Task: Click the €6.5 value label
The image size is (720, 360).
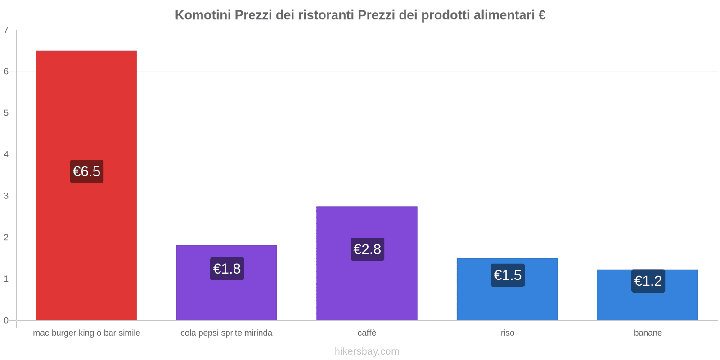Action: coord(86,171)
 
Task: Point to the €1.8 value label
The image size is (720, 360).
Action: coord(227,269)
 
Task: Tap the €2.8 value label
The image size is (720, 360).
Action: coord(367,249)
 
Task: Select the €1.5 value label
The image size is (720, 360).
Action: coord(508,275)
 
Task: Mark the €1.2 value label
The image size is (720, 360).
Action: coord(648,281)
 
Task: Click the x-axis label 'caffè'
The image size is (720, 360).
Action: coord(367,333)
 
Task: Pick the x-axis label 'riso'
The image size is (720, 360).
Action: coord(507,333)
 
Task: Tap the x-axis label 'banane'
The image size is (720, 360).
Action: coord(648,333)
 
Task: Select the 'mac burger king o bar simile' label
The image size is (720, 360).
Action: coord(86,333)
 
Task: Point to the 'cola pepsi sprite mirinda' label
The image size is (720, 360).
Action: coord(226,333)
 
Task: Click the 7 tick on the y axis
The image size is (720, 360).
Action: coord(6,30)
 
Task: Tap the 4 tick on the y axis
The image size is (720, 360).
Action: coord(6,154)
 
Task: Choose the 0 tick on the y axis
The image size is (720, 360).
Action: coord(6,320)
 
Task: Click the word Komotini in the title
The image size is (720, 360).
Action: coord(202,15)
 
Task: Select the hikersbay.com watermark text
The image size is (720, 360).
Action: coord(367,351)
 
